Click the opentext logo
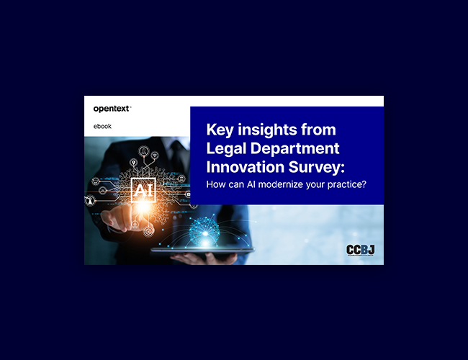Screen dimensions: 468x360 (112, 109)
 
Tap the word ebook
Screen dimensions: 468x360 (102, 126)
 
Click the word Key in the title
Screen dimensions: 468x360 (220, 130)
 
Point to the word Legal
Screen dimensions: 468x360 (226, 148)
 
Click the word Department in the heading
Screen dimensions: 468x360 (295, 148)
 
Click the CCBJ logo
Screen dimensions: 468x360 (360, 250)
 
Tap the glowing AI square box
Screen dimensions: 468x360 (143, 190)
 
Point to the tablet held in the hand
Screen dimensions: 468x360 (203, 250)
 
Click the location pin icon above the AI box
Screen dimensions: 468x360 (133, 163)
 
